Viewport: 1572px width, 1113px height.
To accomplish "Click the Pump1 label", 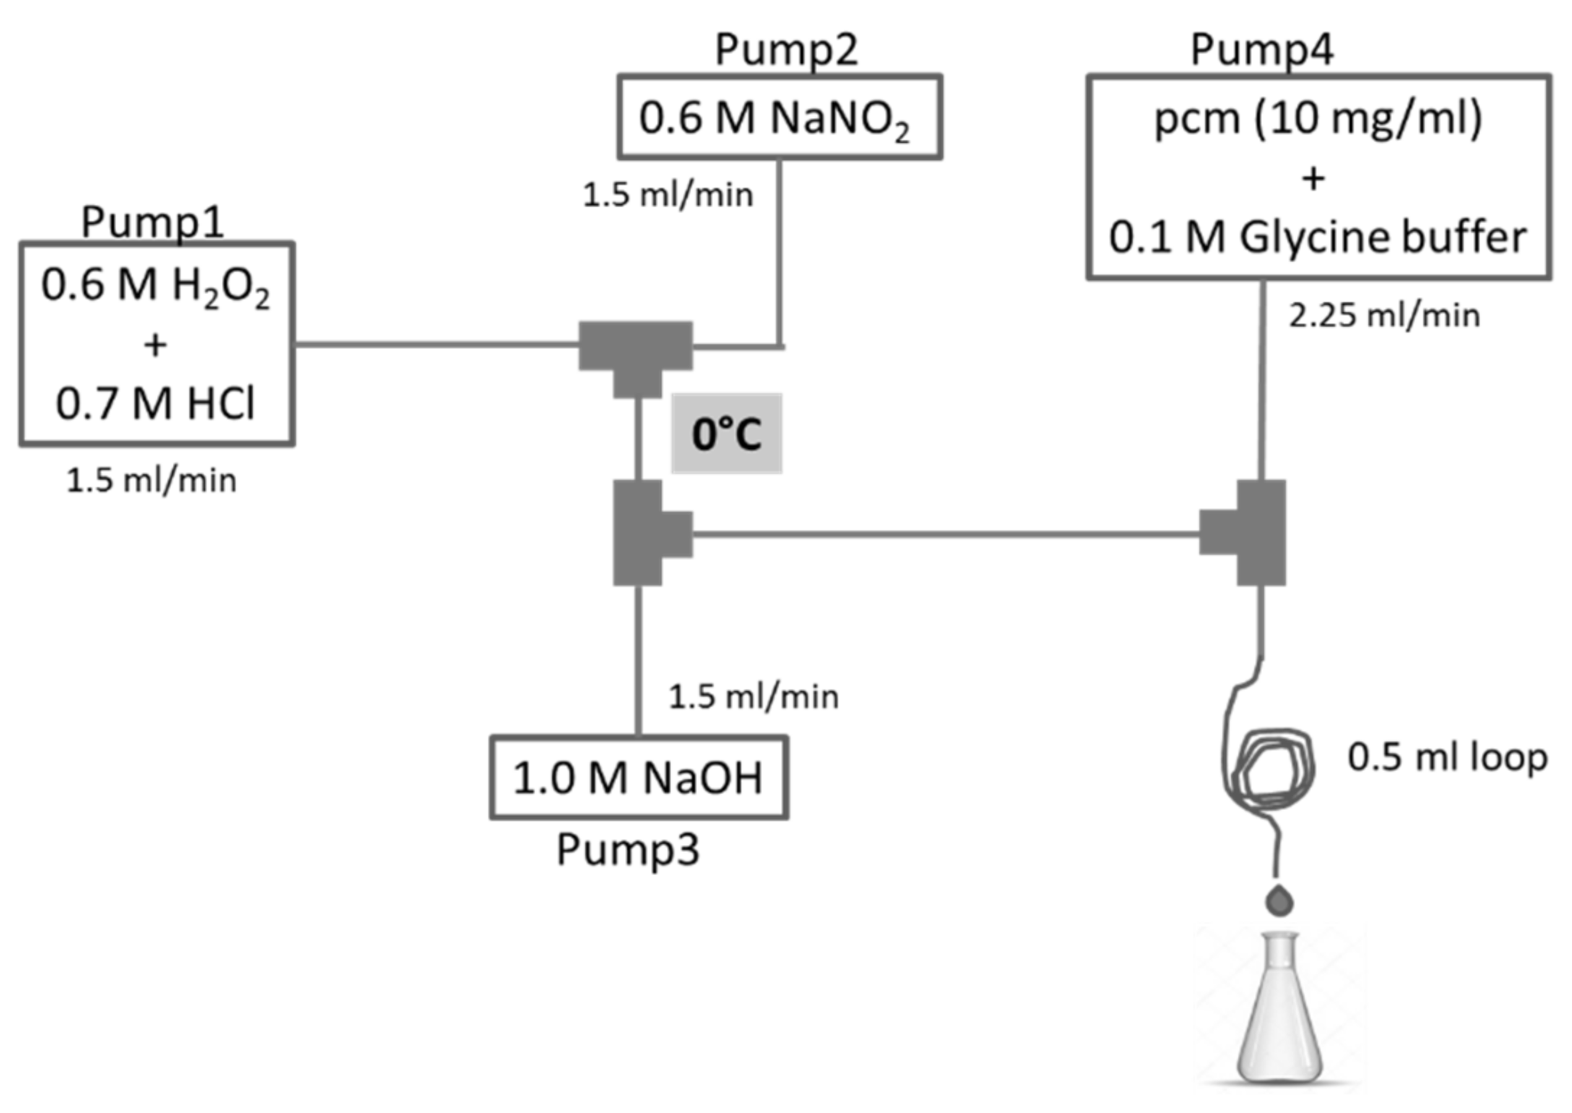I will pos(152,221).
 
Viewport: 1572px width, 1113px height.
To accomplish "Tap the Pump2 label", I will pos(786,49).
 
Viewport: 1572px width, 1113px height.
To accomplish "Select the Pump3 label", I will pos(627,849).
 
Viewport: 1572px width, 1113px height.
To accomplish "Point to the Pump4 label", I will pos(1261,49).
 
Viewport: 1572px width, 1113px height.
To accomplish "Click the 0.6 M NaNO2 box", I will pos(779,117).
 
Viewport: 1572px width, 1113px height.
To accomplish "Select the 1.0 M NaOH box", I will pos(639,778).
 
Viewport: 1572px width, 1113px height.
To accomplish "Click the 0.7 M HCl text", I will pos(155,403).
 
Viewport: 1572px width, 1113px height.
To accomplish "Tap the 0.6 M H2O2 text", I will pos(155,285).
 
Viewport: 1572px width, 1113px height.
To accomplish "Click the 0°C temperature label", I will pos(727,434).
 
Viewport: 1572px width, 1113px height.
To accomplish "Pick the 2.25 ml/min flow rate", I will pos(1384,316).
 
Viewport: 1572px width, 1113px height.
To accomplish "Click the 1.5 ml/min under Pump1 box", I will pos(152,481).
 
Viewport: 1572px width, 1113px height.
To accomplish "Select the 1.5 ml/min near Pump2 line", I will pos(668,195).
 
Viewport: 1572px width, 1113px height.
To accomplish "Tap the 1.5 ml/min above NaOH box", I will pos(753,697).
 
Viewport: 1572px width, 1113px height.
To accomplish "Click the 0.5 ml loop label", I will pos(1447,757).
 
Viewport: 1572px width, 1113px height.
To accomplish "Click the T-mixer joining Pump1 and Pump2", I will pos(636,354).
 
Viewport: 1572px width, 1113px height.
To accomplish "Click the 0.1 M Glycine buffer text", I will pos(1318,237).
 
